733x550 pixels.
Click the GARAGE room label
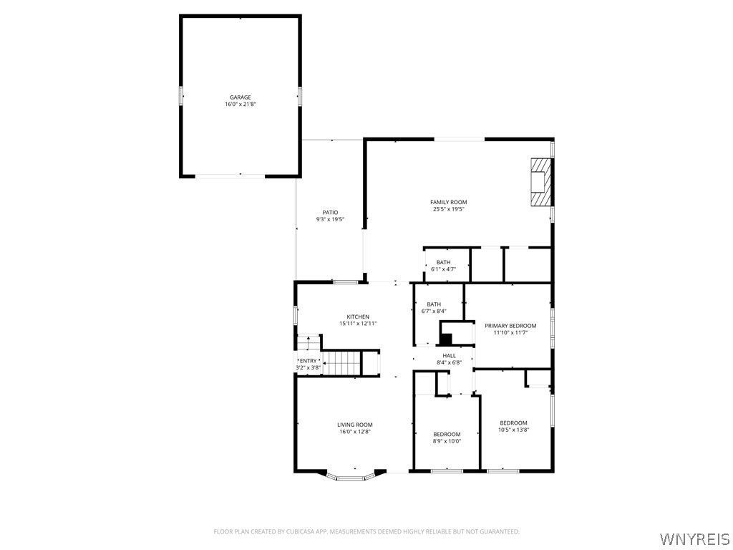(x=241, y=97)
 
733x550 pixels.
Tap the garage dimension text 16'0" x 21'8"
(x=241, y=105)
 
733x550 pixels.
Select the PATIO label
(x=330, y=212)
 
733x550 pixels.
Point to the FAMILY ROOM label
(x=449, y=202)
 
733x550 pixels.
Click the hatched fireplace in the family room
(x=541, y=181)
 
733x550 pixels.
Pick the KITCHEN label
(x=358, y=317)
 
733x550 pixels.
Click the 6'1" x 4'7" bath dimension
(x=443, y=269)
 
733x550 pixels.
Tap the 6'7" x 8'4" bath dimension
(x=434, y=311)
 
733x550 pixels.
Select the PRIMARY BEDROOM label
(x=510, y=326)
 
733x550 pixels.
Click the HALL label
(x=450, y=355)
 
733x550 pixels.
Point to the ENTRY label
(x=308, y=361)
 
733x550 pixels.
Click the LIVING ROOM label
(x=355, y=425)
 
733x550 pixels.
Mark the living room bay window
(x=351, y=477)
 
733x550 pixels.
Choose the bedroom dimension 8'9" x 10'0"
(x=447, y=440)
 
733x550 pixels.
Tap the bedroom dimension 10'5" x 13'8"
(x=513, y=430)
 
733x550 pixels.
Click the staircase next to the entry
(x=344, y=363)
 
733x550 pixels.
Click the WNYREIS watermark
(x=694, y=538)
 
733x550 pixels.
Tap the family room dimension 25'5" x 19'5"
(x=449, y=209)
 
